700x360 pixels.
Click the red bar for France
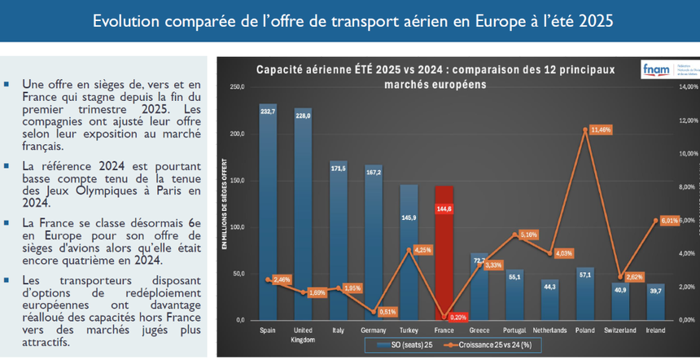(444, 252)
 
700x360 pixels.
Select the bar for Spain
(268, 212)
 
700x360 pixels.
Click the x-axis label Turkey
(409, 330)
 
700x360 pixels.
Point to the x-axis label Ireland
(656, 330)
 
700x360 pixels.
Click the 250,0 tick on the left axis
(237, 86)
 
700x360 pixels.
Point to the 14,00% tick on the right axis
(688, 86)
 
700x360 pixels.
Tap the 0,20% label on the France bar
(457, 316)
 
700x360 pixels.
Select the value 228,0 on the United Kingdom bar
(303, 116)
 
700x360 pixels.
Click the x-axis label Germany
(374, 330)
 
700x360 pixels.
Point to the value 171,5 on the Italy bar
(338, 168)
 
